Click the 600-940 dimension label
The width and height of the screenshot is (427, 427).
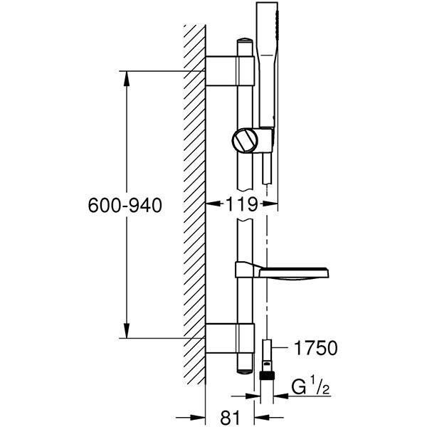pyautogui.click(x=125, y=205)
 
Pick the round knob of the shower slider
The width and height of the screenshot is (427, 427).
pyautogui.click(x=244, y=139)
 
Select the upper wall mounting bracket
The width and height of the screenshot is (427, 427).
pyautogui.click(x=230, y=71)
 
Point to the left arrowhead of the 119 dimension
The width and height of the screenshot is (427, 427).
pyautogui.click(x=211, y=204)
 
